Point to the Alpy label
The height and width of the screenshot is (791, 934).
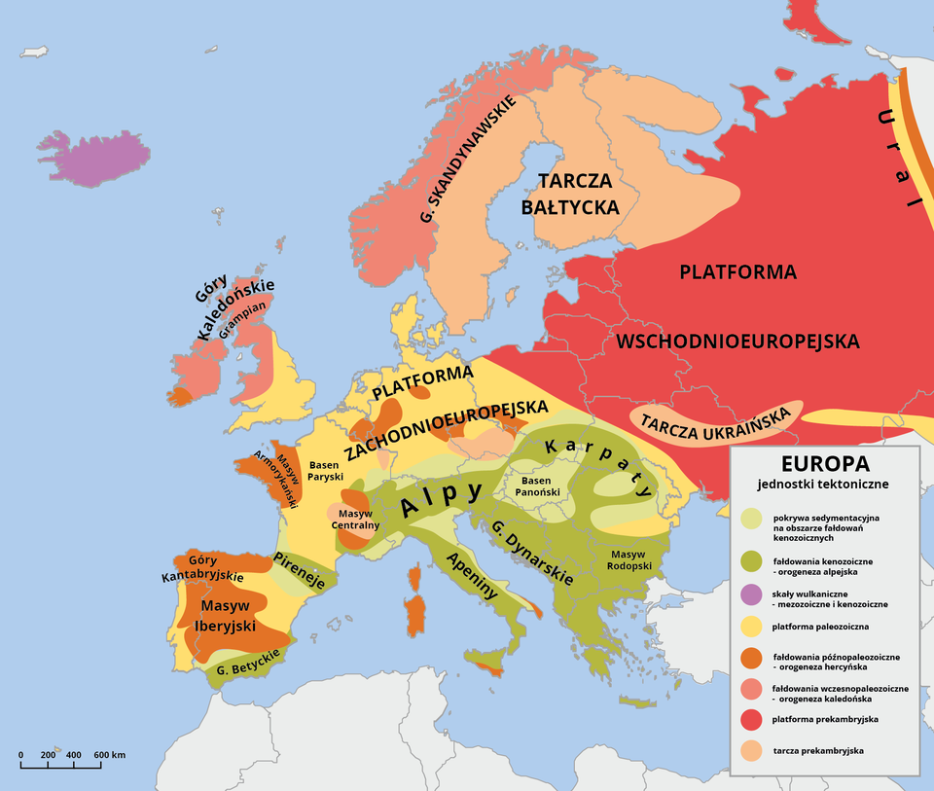point(443,497)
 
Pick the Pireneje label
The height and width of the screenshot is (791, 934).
point(301,571)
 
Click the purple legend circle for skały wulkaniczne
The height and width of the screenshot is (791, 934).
point(750,593)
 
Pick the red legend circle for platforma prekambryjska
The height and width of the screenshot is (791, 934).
point(750,719)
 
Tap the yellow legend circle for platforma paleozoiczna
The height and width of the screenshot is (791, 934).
point(750,626)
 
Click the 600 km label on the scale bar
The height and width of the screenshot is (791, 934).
point(109,755)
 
